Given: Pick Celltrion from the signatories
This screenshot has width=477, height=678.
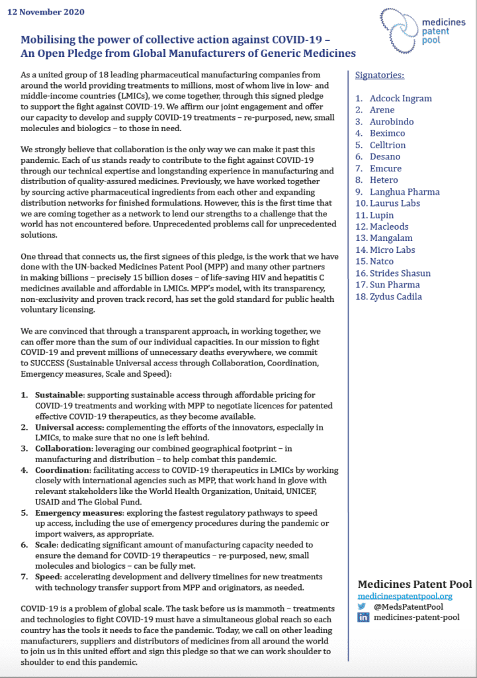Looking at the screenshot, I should point(388,145).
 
